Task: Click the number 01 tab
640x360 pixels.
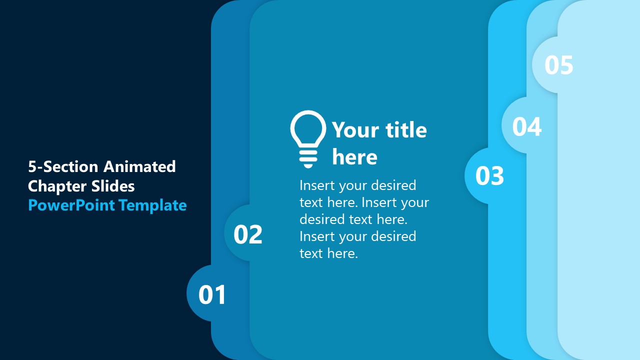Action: click(212, 294)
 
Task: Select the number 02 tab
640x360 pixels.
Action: click(248, 234)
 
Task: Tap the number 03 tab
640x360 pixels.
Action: click(489, 176)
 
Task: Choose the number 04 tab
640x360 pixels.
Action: click(527, 127)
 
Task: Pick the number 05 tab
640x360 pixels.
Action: click(558, 65)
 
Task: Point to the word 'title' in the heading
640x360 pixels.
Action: click(403, 130)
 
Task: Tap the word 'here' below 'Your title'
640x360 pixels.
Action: click(354, 157)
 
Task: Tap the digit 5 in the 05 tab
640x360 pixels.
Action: click(566, 65)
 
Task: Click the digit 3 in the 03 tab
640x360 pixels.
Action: click(497, 176)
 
